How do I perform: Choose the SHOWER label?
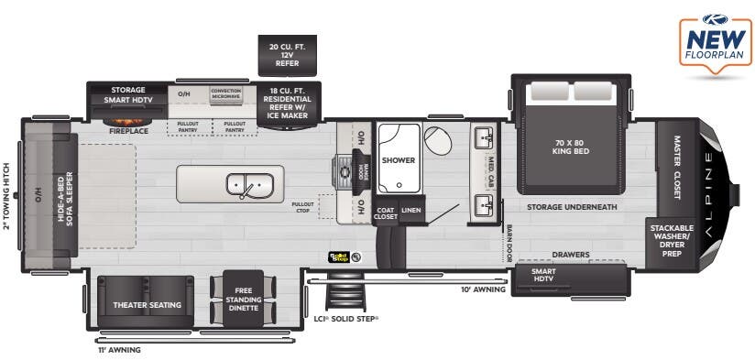(398, 160)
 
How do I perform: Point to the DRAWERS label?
(570, 255)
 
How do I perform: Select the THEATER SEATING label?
(147, 304)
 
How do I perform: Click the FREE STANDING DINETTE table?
(243, 298)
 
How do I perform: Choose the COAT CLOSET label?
(386, 213)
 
